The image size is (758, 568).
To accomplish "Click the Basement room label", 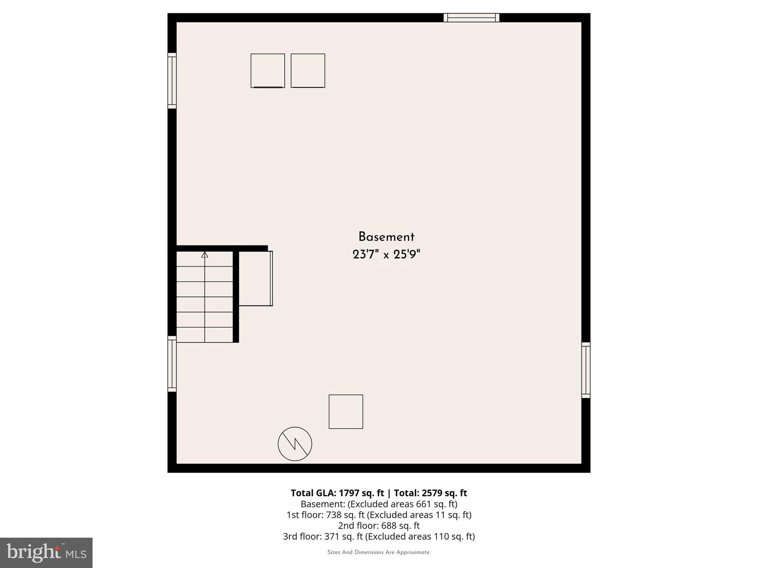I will (x=386, y=237).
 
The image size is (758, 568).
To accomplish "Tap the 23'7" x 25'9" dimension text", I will (x=386, y=255).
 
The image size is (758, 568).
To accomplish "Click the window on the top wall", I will (x=471, y=18).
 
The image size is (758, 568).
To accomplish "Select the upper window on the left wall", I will (x=172, y=81).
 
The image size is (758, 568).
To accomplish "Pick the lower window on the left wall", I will (x=172, y=364).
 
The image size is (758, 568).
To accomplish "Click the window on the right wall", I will (x=586, y=370).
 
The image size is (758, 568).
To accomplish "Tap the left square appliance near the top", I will (x=268, y=71).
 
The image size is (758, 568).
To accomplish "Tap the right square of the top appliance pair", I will (x=308, y=71).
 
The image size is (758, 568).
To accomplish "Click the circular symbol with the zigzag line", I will (x=295, y=444).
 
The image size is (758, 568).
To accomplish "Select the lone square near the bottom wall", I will (x=346, y=412).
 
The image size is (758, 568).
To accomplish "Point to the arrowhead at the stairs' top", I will (x=205, y=254).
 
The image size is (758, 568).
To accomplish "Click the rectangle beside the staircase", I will (x=255, y=278).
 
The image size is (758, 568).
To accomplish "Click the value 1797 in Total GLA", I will (x=349, y=493).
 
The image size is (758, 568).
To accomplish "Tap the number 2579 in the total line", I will (x=432, y=493).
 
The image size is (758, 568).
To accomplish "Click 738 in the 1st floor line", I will (x=333, y=515).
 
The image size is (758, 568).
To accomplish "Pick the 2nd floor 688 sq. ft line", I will (x=379, y=525).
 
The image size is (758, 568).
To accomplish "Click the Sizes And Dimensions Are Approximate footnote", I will (x=379, y=552).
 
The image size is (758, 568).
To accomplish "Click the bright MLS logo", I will (x=46, y=552).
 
